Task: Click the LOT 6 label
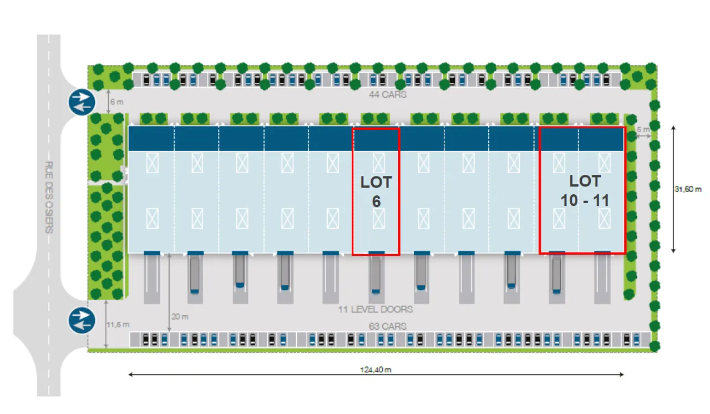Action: tap(376, 191)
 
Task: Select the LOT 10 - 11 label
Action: tap(585, 191)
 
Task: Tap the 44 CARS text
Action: tap(388, 94)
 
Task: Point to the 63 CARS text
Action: tap(388, 326)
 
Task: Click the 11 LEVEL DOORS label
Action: tap(376, 309)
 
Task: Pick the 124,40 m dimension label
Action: tap(376, 370)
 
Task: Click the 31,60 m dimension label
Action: tap(688, 189)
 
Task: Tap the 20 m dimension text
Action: tap(180, 316)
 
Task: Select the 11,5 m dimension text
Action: tap(118, 325)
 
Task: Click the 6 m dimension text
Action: tap(116, 102)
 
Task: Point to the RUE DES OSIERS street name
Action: tap(49, 197)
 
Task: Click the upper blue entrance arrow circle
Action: tap(82, 102)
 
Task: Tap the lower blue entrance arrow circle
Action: tap(82, 320)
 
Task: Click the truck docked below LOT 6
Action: tap(376, 275)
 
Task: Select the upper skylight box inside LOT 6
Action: tap(378, 163)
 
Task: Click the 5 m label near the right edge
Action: tap(643, 129)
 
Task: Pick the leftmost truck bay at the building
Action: tap(152, 278)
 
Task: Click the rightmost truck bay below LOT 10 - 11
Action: tap(602, 278)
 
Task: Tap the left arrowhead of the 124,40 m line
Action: tap(130, 375)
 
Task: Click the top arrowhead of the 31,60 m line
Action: tap(673, 128)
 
